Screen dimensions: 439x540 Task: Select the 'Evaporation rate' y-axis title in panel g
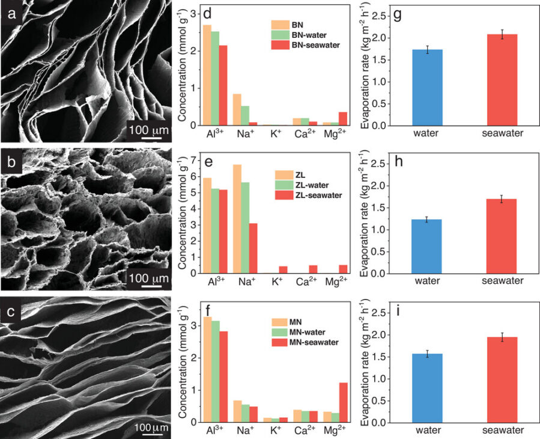pos(365,66)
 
